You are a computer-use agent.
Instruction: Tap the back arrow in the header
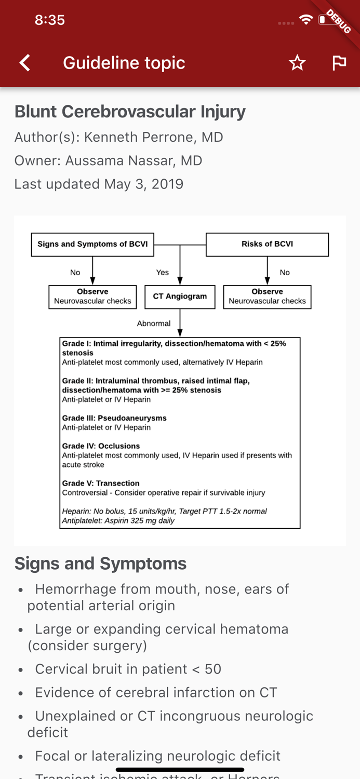[x=25, y=63]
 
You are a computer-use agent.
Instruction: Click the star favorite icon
[x=297, y=63]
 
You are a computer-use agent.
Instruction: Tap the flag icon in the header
[x=339, y=63]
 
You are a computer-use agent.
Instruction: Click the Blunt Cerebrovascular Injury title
[x=130, y=112]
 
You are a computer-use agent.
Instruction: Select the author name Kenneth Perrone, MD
[x=153, y=137]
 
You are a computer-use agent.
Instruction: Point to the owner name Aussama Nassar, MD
[x=134, y=160]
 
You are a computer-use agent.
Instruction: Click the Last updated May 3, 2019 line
[x=99, y=184]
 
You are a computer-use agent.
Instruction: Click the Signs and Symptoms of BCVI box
[x=92, y=244]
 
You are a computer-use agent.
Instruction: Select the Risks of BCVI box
[x=267, y=244]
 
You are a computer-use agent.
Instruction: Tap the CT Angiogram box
[x=180, y=297]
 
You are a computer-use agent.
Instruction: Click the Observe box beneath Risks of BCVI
[x=267, y=297]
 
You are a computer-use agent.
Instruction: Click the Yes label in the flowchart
[x=162, y=272]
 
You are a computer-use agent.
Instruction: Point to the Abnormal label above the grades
[x=153, y=323]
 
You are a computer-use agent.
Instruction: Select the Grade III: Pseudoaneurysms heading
[x=114, y=418]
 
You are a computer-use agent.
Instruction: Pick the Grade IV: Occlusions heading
[x=101, y=446]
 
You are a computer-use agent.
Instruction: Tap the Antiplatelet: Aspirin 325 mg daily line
[x=118, y=520]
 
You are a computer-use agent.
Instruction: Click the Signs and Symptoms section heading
[x=100, y=563]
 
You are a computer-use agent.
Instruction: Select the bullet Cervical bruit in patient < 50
[x=128, y=669]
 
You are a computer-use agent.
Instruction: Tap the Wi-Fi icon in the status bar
[x=306, y=20]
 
